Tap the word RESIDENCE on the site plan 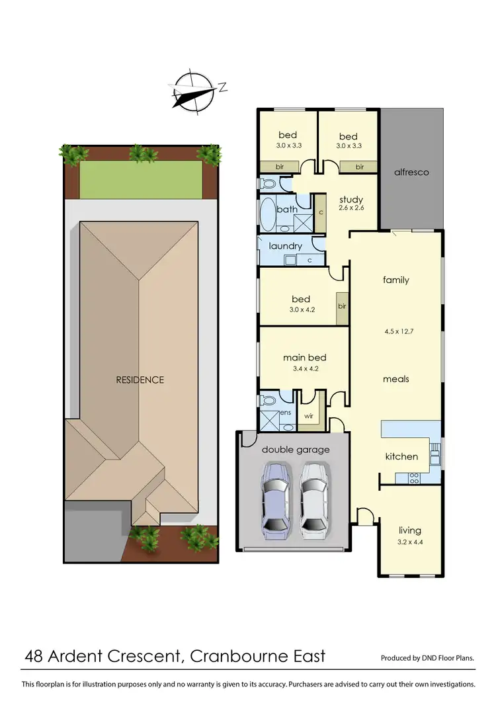[x=140, y=380]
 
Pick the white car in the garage [x=313, y=497]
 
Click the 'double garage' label [x=296, y=450]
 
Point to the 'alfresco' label [x=411, y=172]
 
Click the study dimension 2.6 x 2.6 [x=351, y=208]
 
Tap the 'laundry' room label [x=286, y=246]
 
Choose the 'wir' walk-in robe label [x=309, y=417]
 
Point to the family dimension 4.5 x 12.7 [x=396, y=331]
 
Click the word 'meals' [x=396, y=379]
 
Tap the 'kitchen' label [x=401, y=456]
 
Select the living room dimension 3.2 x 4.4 [x=410, y=542]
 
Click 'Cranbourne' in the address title [x=235, y=657]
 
